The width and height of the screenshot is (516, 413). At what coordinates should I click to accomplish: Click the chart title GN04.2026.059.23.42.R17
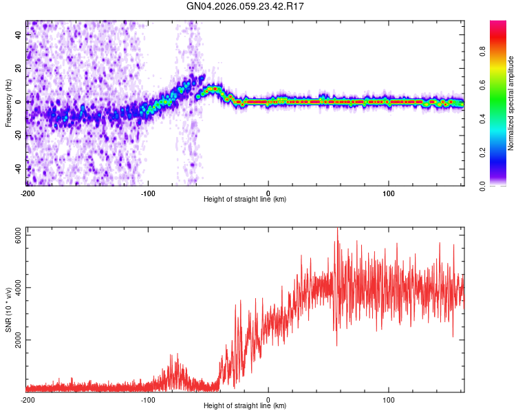pos(246,7)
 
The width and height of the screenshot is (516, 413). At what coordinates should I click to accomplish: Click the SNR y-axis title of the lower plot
pos(8,310)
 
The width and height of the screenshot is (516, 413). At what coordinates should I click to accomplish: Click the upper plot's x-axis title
pos(245,200)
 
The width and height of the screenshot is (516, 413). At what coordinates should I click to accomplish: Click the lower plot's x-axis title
pos(245,406)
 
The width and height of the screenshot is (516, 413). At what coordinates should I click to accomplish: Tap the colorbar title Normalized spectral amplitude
pos(511,103)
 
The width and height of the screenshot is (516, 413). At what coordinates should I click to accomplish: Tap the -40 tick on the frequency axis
pos(18,169)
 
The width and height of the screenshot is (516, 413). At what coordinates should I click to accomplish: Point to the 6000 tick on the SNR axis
pos(18,235)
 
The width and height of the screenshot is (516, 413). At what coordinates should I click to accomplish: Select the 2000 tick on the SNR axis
pos(18,340)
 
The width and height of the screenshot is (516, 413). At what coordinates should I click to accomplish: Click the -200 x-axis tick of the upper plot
pos(28,193)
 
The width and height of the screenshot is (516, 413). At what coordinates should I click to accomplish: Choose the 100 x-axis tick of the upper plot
pos(389,193)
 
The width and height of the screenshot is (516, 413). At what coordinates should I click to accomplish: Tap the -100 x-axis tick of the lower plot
pos(148,399)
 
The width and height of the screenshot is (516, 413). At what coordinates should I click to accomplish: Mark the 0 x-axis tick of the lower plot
pos(268,399)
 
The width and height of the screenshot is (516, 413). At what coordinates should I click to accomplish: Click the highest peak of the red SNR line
pos(337,229)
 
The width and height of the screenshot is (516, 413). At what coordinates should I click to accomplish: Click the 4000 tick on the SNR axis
pos(18,288)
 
